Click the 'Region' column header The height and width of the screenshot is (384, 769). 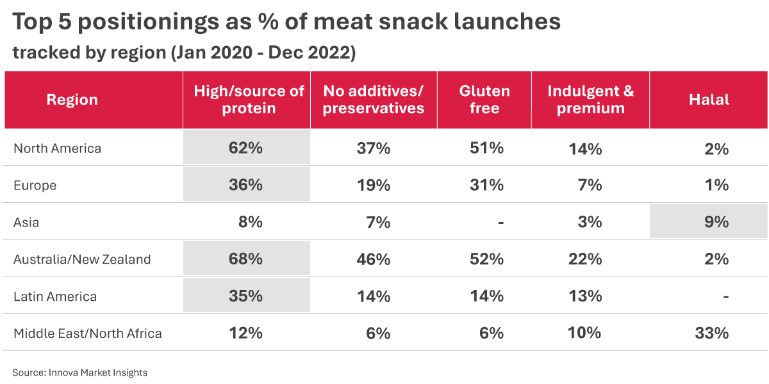click(x=72, y=100)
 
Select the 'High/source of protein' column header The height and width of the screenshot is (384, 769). click(x=249, y=100)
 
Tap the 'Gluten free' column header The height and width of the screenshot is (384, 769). click(x=484, y=100)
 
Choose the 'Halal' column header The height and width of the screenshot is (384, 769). click(x=709, y=100)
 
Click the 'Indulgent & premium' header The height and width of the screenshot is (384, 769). click(x=590, y=100)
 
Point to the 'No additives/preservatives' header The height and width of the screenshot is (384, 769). click(x=374, y=100)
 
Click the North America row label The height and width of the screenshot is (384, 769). click(x=58, y=148)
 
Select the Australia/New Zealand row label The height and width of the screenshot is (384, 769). click(x=82, y=259)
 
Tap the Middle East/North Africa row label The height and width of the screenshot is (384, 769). click(x=88, y=333)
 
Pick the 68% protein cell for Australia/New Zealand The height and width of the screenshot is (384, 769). click(x=246, y=259)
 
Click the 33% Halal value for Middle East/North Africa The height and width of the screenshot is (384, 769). click(x=712, y=333)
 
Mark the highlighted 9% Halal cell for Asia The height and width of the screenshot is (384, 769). click(x=716, y=222)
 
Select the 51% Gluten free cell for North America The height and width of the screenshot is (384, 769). click(x=486, y=148)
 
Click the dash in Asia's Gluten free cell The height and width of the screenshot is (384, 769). click(x=500, y=223)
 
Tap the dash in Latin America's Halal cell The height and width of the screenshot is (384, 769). click(x=725, y=297)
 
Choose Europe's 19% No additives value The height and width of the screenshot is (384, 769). click(x=374, y=186)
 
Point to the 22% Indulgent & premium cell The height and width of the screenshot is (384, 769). click(x=584, y=259)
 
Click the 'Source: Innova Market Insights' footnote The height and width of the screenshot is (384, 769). click(x=80, y=372)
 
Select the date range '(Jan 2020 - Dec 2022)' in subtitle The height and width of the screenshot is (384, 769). click(x=263, y=52)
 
